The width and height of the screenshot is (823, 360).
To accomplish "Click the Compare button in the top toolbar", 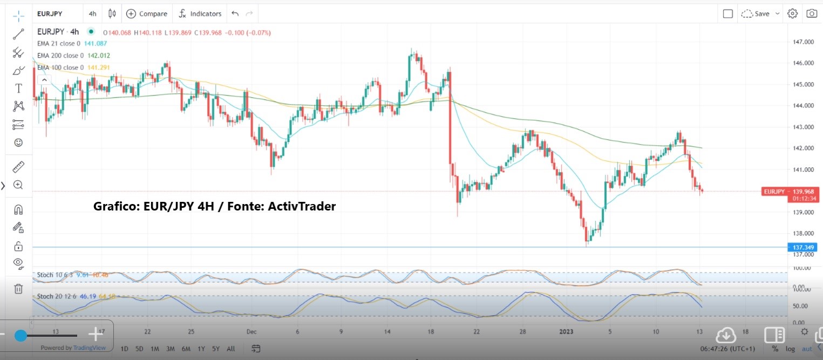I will pos(147,13).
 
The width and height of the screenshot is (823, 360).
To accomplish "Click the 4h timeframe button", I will pos(92,13).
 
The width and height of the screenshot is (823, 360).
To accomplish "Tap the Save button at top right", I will pos(760,13).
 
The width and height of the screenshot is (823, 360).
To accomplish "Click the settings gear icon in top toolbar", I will pos(792,13).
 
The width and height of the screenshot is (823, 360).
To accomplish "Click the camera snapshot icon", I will pos(811,13).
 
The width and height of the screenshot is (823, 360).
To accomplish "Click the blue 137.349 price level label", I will pos(804,247).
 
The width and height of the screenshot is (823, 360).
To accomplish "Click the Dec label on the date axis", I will pos(251,331).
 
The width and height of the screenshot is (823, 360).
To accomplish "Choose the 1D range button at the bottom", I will pos(124,349).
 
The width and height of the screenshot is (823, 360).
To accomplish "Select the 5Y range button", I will pos(216,349).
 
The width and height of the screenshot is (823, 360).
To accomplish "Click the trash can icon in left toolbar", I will pos(18,289).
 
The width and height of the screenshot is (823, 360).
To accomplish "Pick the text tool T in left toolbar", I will pos(18,89).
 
